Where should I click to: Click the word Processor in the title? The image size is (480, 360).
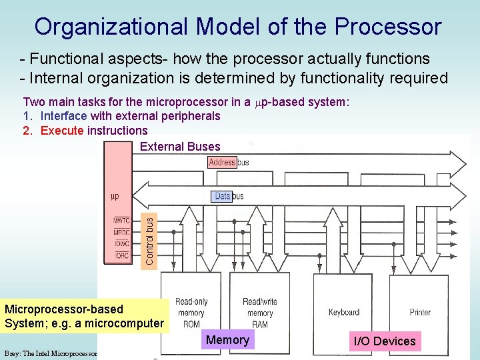click(389, 27)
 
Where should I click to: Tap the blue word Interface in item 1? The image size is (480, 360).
click(64, 116)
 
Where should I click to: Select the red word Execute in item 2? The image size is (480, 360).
click(62, 130)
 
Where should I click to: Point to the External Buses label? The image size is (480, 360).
click(180, 147)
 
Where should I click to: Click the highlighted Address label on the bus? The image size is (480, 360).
click(222, 162)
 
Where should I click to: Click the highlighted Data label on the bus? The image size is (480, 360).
click(222, 196)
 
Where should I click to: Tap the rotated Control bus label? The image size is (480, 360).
click(149, 239)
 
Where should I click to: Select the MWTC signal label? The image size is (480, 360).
click(121, 221)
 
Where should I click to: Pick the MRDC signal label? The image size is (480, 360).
click(121, 232)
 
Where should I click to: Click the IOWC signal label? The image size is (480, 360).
click(121, 243)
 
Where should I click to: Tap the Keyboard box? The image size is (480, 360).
click(344, 312)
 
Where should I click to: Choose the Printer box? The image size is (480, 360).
click(420, 312)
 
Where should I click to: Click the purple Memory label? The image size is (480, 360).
click(227, 340)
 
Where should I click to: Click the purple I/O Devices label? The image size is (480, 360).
click(385, 341)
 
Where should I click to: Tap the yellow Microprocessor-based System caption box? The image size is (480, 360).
click(84, 316)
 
